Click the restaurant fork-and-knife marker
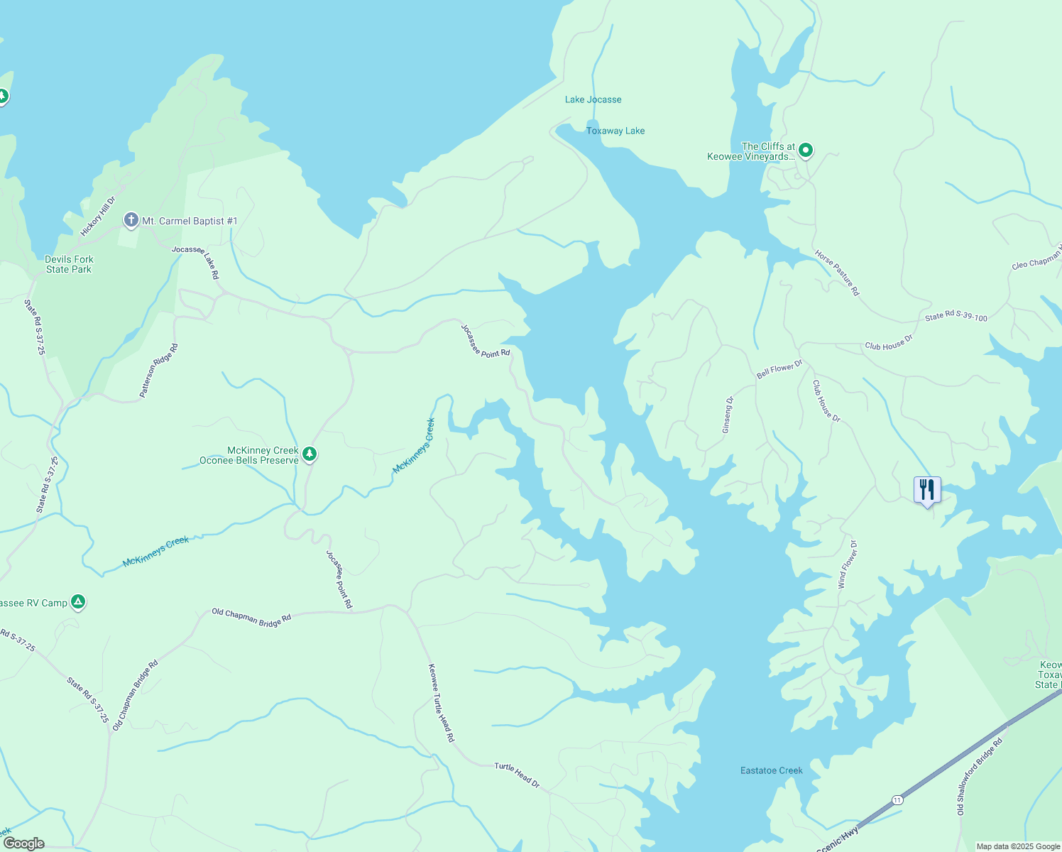(x=926, y=490)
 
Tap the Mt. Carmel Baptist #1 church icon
(x=131, y=220)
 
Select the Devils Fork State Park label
(x=69, y=264)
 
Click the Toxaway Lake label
(x=615, y=131)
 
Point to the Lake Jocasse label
(x=593, y=99)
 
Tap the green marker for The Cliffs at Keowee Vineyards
(x=805, y=150)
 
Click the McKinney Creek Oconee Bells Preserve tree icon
(x=309, y=453)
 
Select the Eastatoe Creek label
(x=771, y=770)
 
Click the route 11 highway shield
(x=898, y=799)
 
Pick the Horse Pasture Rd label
(x=837, y=273)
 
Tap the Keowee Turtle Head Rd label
(x=441, y=703)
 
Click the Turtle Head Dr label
(x=517, y=775)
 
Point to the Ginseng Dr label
(x=728, y=415)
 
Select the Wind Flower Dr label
(x=848, y=564)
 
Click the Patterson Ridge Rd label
(x=159, y=371)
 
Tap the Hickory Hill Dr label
(x=97, y=217)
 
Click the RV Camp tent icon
(x=78, y=602)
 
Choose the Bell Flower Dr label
(x=779, y=369)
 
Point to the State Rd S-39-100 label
(x=956, y=317)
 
